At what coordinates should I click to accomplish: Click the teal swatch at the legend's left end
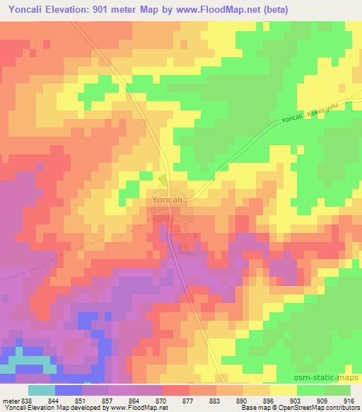click(x=41, y=391)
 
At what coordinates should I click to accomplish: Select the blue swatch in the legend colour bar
click(x=69, y=391)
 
